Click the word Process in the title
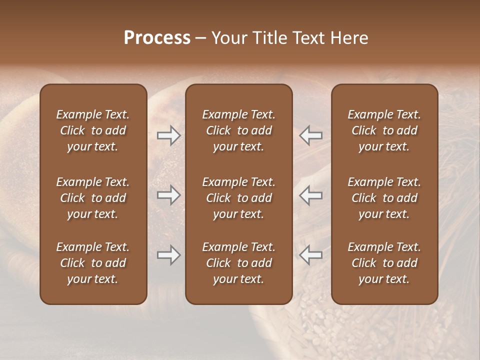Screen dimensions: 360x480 (157, 38)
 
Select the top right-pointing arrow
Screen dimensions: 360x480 (169, 135)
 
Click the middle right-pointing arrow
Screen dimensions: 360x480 (169, 195)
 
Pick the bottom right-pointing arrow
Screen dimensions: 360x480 (169, 255)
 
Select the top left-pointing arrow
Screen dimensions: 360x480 (310, 135)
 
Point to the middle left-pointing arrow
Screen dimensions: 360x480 (310, 195)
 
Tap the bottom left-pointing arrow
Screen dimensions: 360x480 (310, 255)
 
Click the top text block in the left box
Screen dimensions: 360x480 (93, 130)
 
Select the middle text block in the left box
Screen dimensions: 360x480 (93, 198)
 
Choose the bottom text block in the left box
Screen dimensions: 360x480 (93, 263)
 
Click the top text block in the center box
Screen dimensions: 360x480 (239, 130)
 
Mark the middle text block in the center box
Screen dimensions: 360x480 (239, 198)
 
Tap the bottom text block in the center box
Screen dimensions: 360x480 (239, 263)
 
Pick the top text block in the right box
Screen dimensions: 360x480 (384, 130)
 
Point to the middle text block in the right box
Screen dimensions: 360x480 (384, 198)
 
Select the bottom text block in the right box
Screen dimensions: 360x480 (384, 263)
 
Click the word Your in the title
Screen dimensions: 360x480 (229, 38)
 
